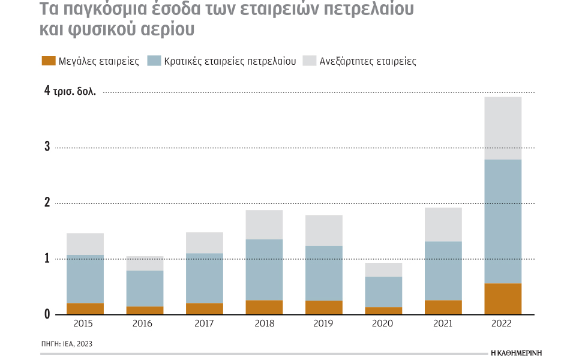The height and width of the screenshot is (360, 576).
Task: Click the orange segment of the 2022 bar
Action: pos(502,299)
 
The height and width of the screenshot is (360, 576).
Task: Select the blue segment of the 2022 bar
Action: pos(502,221)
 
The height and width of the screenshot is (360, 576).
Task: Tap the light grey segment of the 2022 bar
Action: pos(502,128)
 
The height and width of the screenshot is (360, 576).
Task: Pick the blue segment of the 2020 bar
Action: pos(383,292)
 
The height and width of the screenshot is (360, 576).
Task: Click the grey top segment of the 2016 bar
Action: pos(145,263)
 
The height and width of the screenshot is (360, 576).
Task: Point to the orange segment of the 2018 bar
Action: pos(264,307)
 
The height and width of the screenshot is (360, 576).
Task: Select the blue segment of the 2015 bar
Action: pos(85,279)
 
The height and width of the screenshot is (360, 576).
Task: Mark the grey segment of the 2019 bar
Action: pos(324,230)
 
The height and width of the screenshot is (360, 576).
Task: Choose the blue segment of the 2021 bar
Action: pos(443,271)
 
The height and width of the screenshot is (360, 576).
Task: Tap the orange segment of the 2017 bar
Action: pos(205,308)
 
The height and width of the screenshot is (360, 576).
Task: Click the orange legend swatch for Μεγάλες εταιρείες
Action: pos(48,61)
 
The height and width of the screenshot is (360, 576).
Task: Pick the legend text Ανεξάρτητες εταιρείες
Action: pos(368,61)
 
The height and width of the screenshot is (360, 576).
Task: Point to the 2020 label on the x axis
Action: pos(383,324)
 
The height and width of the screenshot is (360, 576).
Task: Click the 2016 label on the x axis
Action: pos(145,324)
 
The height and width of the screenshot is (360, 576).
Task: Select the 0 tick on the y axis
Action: pos(46,314)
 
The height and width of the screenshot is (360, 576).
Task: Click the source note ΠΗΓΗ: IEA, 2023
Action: pos(67,344)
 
